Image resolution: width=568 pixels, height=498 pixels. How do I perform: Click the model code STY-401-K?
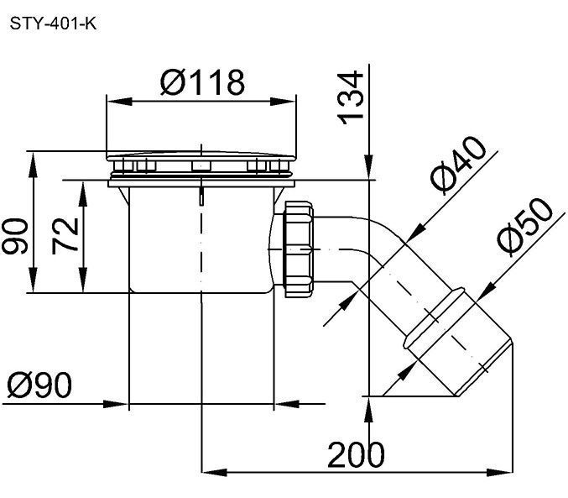tap(53, 24)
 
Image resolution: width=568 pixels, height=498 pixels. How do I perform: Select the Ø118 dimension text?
tap(202, 82)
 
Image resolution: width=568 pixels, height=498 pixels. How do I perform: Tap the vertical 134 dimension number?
tap(351, 98)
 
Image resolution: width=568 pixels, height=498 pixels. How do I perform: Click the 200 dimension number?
tap(356, 454)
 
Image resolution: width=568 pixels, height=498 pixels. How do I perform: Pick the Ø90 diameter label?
tap(39, 385)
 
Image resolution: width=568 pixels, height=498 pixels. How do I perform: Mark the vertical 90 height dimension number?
tap(14, 236)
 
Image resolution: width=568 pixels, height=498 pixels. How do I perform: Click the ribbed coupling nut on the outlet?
tap(299, 249)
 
